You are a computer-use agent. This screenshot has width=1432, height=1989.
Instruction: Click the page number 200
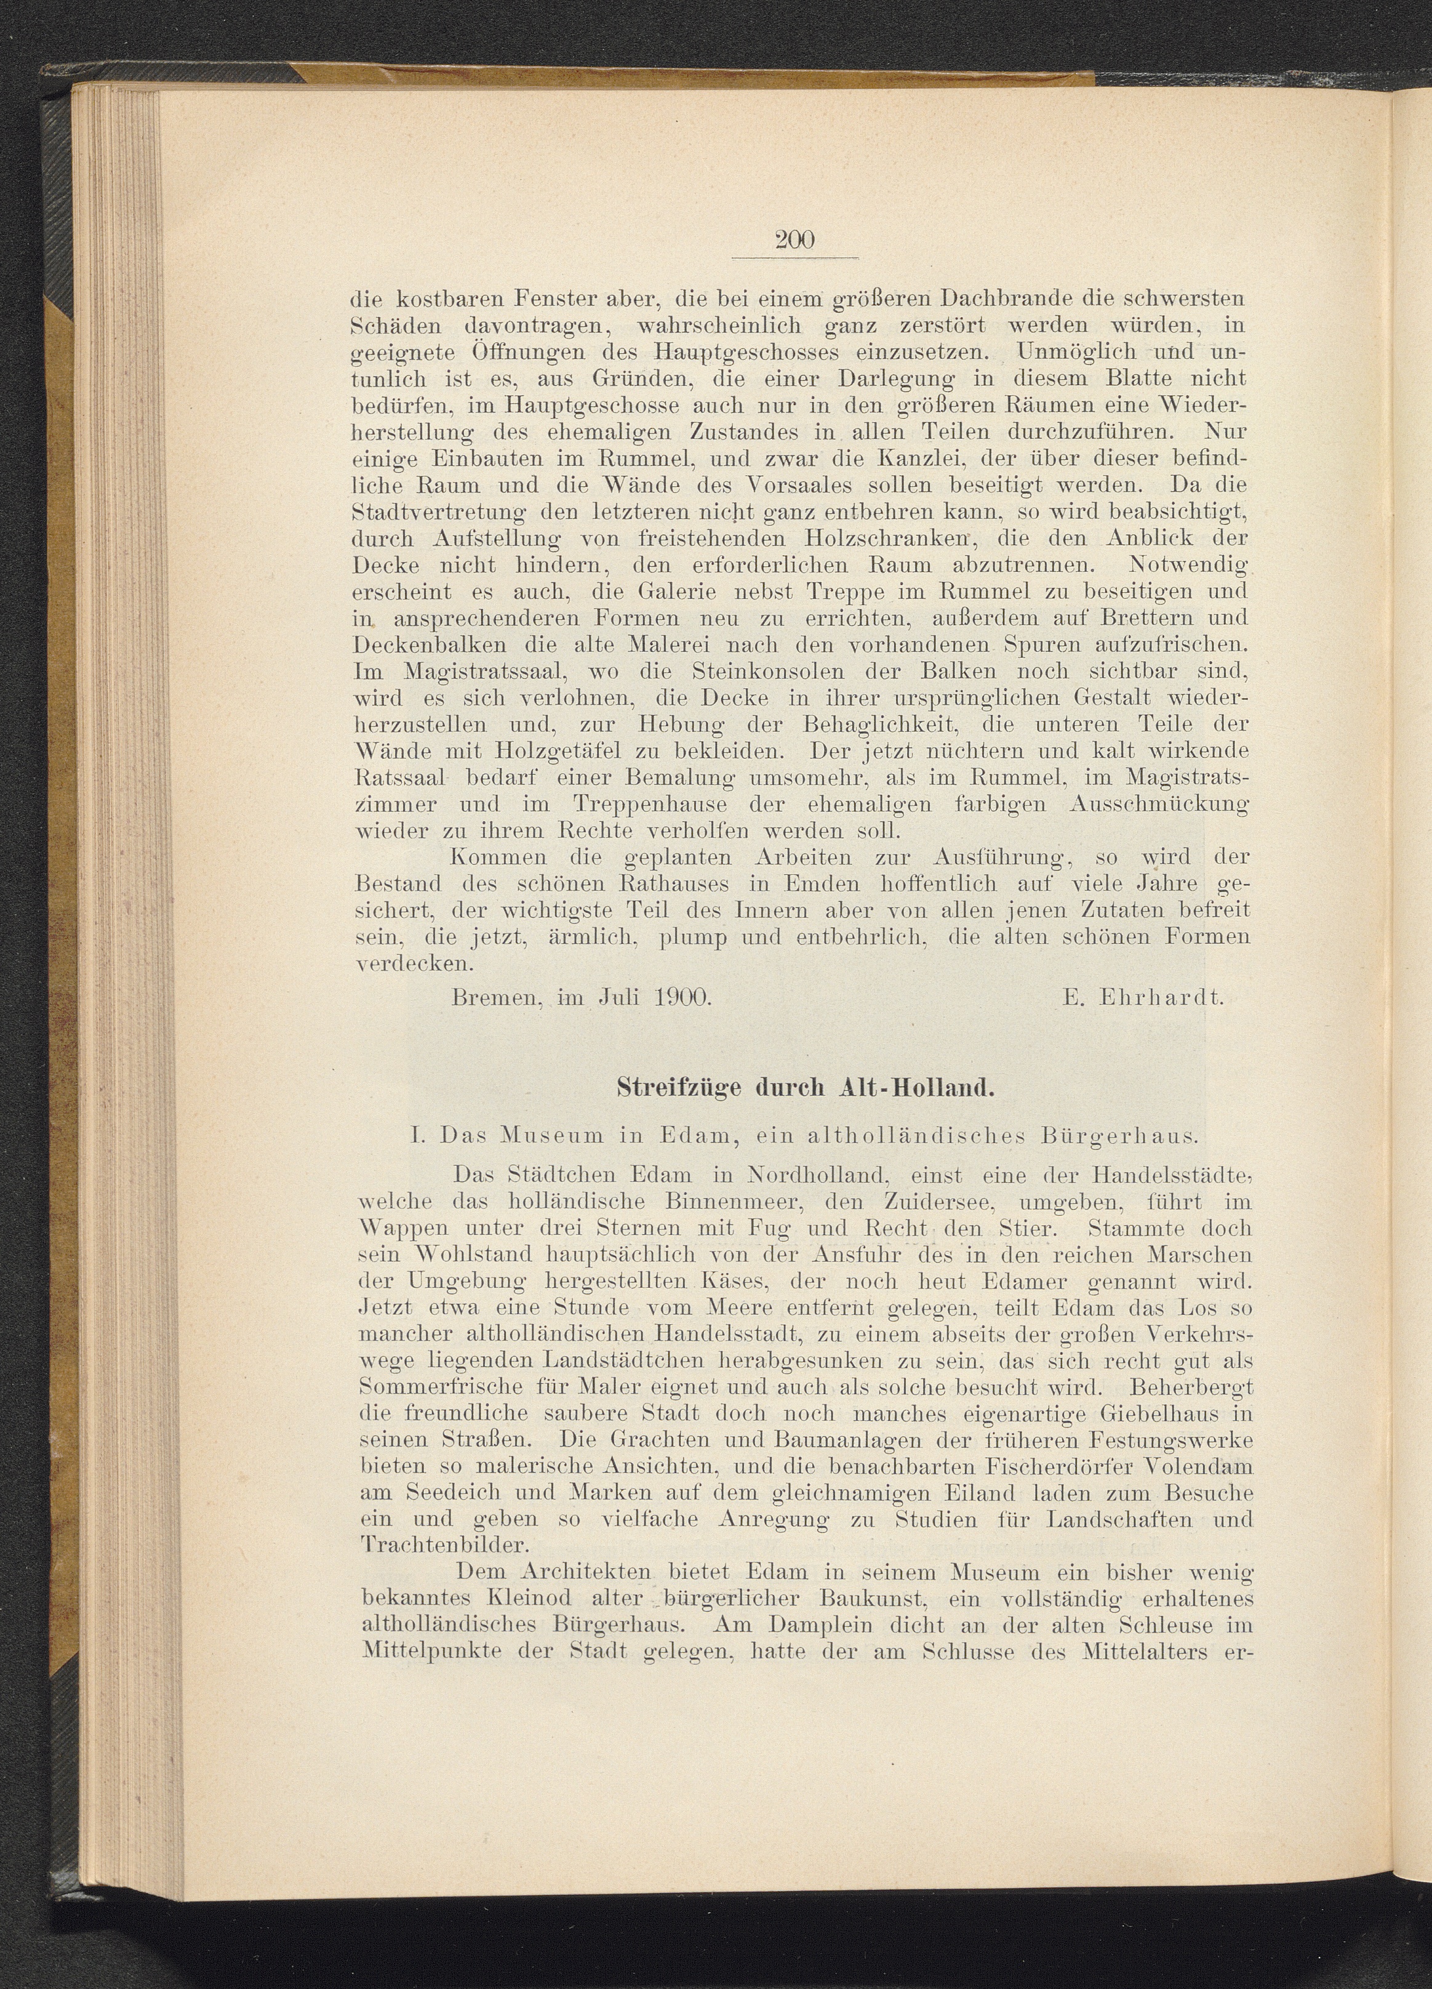point(794,239)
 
